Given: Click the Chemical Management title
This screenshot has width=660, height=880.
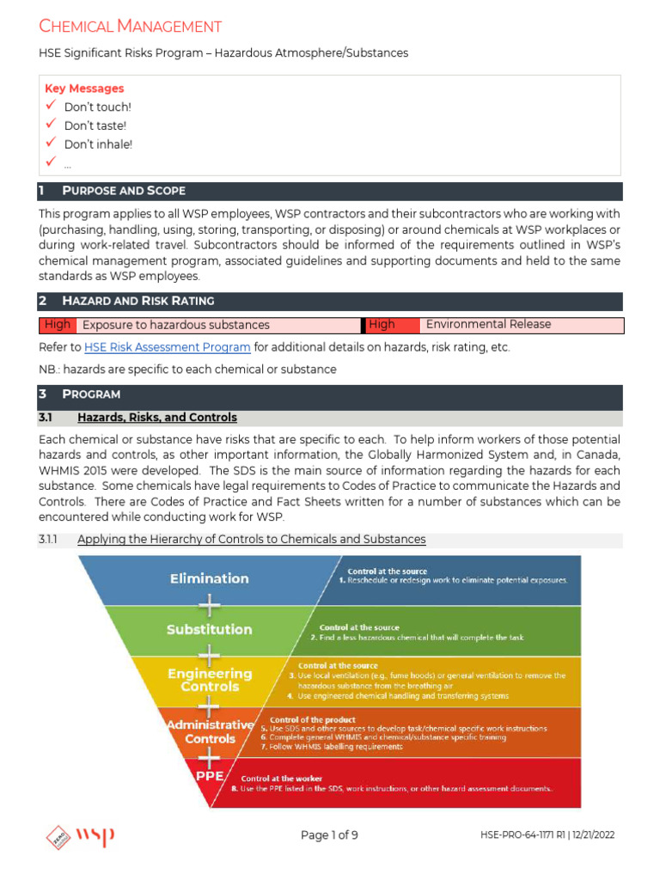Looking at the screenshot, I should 130,27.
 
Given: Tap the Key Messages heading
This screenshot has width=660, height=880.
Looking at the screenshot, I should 84,89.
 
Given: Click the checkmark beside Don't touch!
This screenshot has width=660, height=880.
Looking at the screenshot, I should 51,107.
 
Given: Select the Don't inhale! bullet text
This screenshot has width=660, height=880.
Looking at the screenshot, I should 98,144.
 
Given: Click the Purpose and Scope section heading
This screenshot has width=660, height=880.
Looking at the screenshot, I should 124,191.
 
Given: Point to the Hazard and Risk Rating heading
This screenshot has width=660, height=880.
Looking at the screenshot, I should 138,301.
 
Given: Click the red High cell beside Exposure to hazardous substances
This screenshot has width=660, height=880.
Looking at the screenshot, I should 58,325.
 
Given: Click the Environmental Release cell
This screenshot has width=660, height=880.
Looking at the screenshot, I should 488,325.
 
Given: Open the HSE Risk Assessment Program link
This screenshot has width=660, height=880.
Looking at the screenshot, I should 168,348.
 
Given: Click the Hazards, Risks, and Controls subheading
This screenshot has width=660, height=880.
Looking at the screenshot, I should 156,418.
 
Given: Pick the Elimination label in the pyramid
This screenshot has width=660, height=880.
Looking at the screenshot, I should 209,578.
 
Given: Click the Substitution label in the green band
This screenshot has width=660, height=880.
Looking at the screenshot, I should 209,630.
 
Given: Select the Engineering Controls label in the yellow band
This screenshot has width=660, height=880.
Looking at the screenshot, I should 210,680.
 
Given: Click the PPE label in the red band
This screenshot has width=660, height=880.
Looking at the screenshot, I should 207,775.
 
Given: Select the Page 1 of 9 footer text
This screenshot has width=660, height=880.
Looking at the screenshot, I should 330,835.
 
